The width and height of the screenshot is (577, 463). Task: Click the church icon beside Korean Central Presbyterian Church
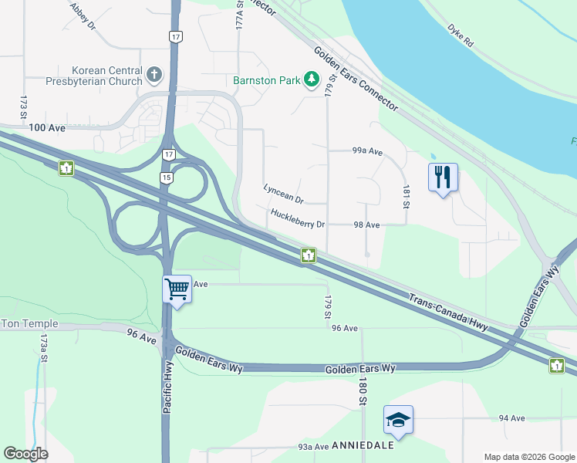pos(155,75)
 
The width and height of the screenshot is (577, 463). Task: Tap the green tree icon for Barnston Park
pos(312,79)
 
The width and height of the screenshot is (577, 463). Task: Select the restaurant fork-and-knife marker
pos(443,177)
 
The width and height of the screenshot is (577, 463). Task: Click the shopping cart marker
pos(177,290)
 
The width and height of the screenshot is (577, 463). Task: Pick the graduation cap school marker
pos(398,420)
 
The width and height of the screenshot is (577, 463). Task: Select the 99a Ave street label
pos(367,152)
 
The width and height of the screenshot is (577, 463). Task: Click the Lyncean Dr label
pos(283,193)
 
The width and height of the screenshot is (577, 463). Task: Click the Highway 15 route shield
pos(167,177)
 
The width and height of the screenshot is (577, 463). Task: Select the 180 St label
pos(360,391)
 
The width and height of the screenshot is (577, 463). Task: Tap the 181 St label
pos(404,196)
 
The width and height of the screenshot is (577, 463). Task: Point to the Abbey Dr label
pos(83,15)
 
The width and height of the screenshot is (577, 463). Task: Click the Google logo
pos(25,453)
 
